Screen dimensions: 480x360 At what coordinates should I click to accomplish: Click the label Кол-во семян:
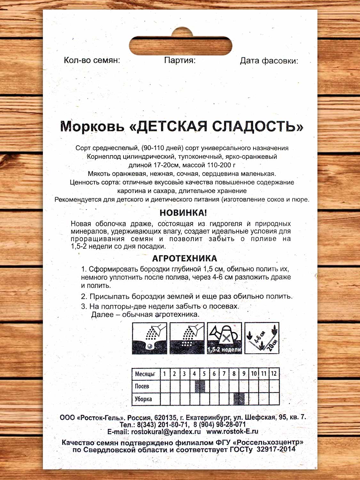click(92, 60)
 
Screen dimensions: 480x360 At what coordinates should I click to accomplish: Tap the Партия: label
click(180, 60)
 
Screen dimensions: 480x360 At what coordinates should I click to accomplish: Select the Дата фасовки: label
click(269, 61)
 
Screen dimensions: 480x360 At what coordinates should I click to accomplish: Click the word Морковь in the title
click(92, 126)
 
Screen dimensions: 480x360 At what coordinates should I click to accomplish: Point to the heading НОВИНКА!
click(183, 212)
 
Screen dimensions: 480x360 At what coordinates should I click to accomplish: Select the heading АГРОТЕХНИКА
click(184, 258)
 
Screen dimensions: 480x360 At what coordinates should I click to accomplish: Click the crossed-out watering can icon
click(225, 338)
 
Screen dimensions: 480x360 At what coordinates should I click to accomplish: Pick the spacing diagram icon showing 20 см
click(262, 338)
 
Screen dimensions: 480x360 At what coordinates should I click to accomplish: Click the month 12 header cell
click(274, 373)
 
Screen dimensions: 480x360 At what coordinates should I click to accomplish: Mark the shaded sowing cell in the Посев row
click(200, 386)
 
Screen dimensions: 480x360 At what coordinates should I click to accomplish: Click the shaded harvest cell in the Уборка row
click(239, 399)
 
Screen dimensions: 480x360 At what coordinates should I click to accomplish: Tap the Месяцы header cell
click(145, 374)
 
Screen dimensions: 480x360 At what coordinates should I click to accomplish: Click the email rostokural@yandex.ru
click(166, 431)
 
